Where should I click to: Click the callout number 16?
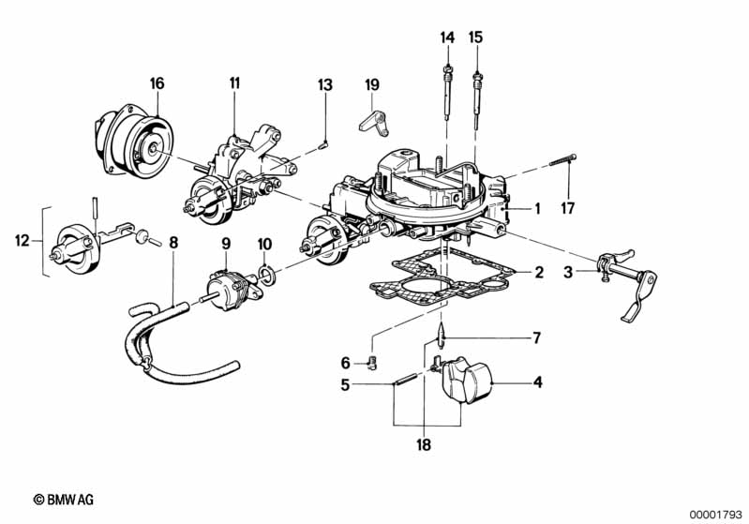157,83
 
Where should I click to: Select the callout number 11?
234,83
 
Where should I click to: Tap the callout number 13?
324,85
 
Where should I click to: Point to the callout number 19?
372,85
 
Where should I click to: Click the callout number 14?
447,37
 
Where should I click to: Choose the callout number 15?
475,37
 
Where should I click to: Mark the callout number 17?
565,207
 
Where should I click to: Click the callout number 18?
424,445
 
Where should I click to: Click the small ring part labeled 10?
265,276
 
